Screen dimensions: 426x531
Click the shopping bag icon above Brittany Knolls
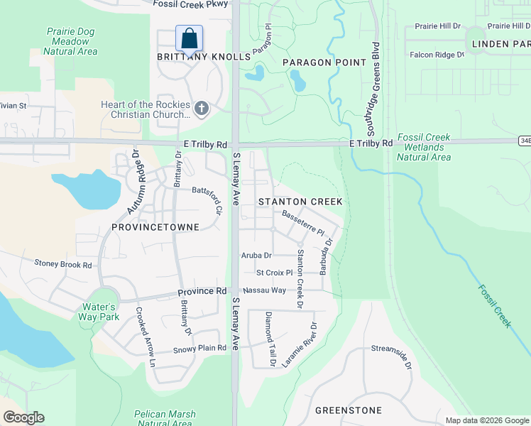click(190, 38)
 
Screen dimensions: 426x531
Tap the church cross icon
click(202, 109)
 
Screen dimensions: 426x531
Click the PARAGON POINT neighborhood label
click(324, 62)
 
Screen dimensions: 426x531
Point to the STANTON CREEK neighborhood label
click(300, 202)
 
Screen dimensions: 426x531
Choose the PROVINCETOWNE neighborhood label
click(155, 226)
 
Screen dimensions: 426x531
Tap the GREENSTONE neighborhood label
click(348, 410)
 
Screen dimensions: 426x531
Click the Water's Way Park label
click(100, 312)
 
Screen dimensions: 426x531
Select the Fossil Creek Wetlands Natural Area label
click(424, 147)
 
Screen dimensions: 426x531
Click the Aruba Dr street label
click(257, 255)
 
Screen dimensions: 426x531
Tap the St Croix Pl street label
click(274, 273)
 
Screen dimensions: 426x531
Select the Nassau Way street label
click(264, 290)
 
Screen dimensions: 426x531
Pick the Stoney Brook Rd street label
click(63, 264)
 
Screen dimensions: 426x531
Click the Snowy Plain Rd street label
click(199, 349)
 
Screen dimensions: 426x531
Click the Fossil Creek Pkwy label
click(191, 4)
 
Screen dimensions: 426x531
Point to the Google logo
click(23, 417)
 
